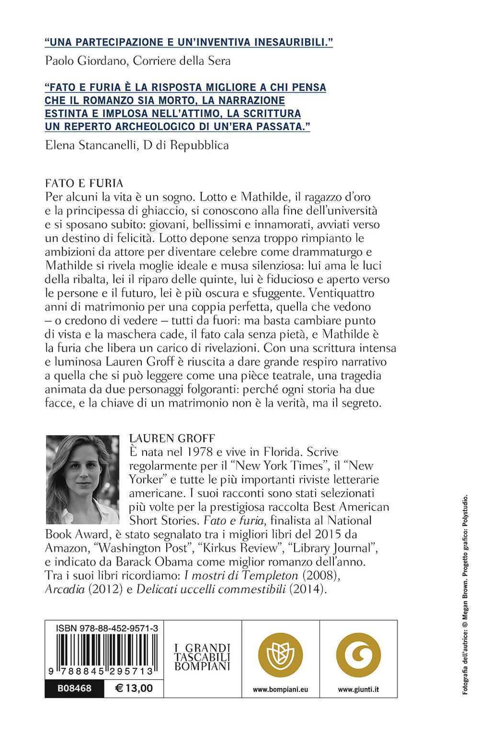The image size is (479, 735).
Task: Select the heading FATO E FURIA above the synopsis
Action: [84, 183]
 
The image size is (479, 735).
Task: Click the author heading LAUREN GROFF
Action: [172, 439]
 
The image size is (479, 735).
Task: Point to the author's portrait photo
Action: [82, 479]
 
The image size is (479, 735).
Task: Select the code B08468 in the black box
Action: [74, 689]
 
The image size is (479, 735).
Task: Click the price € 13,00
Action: [134, 689]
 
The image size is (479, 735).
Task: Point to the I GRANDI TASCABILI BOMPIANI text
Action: [202, 657]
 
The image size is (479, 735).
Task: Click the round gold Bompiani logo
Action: [280, 655]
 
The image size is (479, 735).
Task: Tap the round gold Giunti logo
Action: [358, 655]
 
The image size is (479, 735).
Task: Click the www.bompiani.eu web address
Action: [280, 690]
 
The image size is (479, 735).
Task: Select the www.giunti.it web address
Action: [358, 690]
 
